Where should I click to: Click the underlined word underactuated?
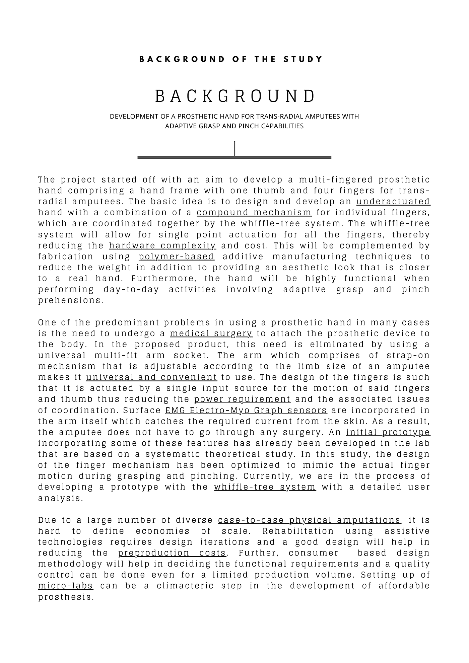tap(393, 202)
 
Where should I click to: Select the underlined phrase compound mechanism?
tap(254, 213)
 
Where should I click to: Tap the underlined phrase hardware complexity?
tap(162, 245)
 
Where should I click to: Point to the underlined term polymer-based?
tap(176, 256)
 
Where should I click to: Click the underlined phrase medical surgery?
tap(211, 334)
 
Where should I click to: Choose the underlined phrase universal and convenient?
tap(151, 377)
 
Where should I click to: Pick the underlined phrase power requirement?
tap(242, 399)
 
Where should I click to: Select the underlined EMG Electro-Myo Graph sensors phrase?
tap(246, 410)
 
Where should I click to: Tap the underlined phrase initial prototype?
tap(388, 432)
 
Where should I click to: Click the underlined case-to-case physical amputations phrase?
tap(309, 520)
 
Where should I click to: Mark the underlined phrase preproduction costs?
tap(172, 553)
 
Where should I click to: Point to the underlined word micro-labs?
tap(66, 586)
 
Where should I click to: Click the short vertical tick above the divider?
tap(234, 148)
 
